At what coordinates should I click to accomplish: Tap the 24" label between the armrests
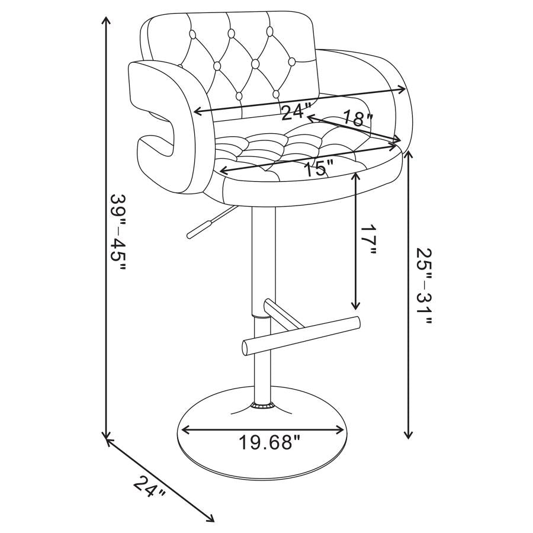(296, 111)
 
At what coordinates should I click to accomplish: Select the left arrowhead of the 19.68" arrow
(184, 431)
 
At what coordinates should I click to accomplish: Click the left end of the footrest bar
(245, 348)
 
